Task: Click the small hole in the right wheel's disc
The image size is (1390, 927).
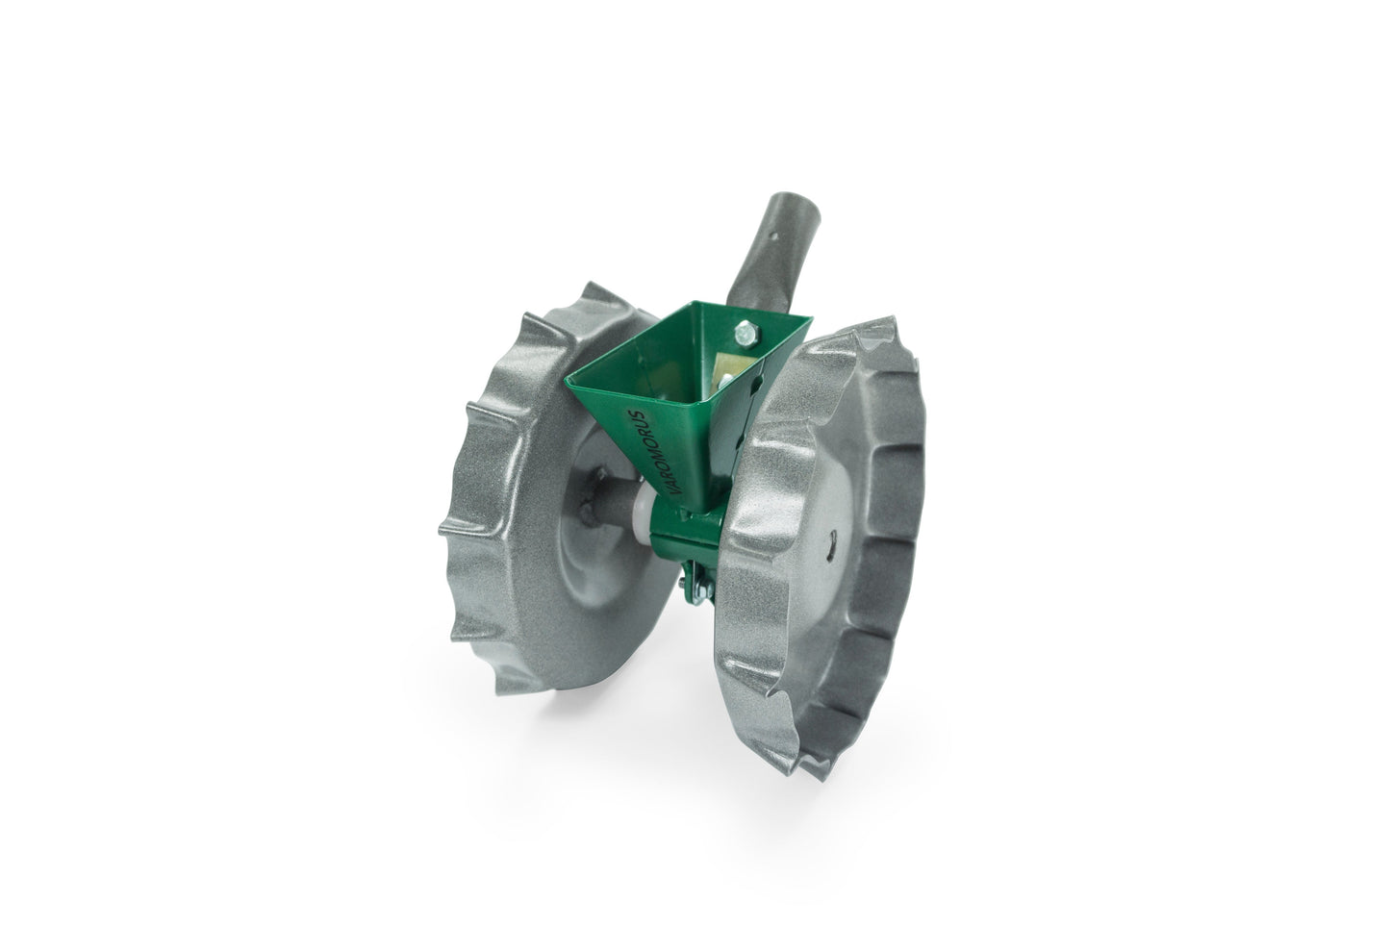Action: click(x=829, y=543)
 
